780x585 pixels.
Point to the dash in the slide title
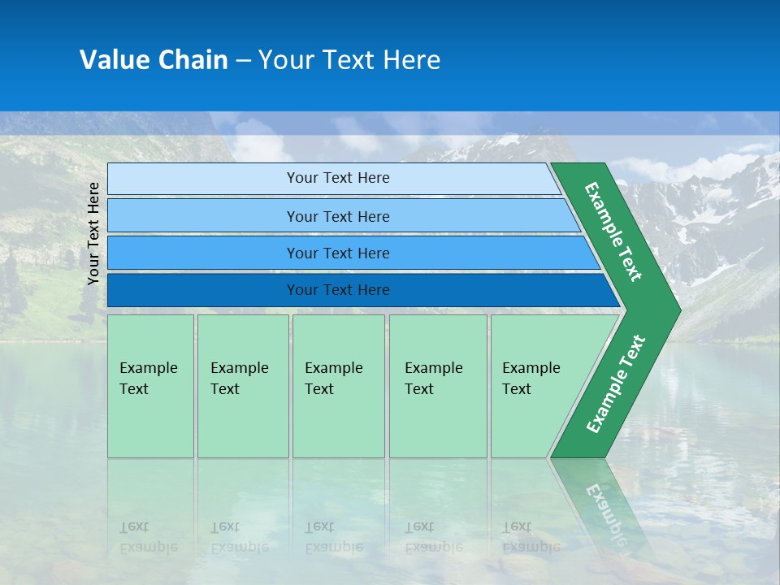tap(243, 61)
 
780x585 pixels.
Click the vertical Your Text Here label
tap(93, 233)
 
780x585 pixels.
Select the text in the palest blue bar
tap(338, 178)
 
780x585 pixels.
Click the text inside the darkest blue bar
tap(338, 290)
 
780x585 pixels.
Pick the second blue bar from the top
tap(338, 216)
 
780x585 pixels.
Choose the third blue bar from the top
tap(338, 253)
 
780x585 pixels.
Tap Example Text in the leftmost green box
tap(148, 379)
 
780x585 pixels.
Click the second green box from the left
tap(242, 386)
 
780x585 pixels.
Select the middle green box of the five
tap(338, 386)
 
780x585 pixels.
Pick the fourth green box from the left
tap(437, 386)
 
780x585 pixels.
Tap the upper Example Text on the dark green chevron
tap(613, 232)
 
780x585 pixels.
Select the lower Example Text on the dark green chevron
tap(615, 384)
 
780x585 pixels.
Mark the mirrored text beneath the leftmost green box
tap(148, 536)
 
